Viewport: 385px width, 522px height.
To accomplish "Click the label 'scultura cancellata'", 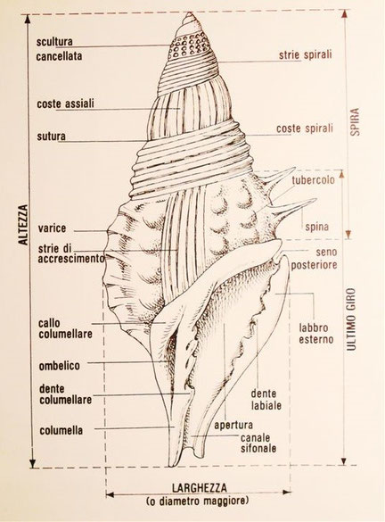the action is (59, 49).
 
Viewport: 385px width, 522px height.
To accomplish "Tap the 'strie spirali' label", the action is (305, 54).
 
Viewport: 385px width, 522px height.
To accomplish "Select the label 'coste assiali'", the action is (65, 104).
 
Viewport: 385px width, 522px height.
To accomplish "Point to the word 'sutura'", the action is (51, 137).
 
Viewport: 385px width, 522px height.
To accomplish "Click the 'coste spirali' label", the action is (305, 128).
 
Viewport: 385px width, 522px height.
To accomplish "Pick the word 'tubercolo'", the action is (313, 180).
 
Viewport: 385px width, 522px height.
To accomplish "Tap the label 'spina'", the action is (317, 227).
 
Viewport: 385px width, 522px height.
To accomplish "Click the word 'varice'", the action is (52, 228).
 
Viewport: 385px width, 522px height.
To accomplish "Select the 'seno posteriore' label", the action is (315, 258).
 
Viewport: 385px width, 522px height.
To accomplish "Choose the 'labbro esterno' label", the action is (315, 334).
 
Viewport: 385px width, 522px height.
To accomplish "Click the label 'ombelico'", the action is (59, 366).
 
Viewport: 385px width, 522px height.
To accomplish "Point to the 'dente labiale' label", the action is (266, 400).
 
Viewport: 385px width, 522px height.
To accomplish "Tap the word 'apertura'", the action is (233, 425).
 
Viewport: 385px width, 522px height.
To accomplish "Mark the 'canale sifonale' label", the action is (258, 443).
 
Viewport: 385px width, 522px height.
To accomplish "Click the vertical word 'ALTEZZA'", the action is (23, 225).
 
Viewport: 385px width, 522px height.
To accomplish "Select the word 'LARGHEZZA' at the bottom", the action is (199, 488).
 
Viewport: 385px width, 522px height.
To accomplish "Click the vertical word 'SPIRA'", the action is (355, 121).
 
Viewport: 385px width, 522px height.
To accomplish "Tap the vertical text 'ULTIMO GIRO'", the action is (351, 319).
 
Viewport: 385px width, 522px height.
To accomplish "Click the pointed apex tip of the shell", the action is (190, 12).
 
